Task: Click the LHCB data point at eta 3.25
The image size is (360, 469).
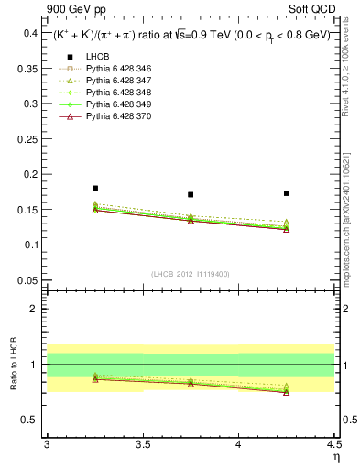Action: click(x=95, y=188)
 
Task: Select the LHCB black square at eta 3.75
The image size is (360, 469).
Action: click(x=191, y=194)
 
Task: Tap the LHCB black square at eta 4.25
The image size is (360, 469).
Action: click(x=287, y=193)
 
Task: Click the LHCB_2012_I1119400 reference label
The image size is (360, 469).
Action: click(x=191, y=274)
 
